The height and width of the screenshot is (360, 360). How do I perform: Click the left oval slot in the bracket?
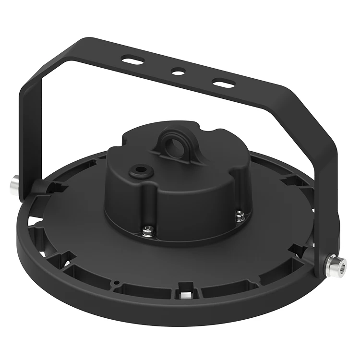(133, 60)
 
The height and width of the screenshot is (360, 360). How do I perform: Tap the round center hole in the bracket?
(178, 72)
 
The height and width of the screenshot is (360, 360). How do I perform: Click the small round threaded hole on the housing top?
(141, 170)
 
